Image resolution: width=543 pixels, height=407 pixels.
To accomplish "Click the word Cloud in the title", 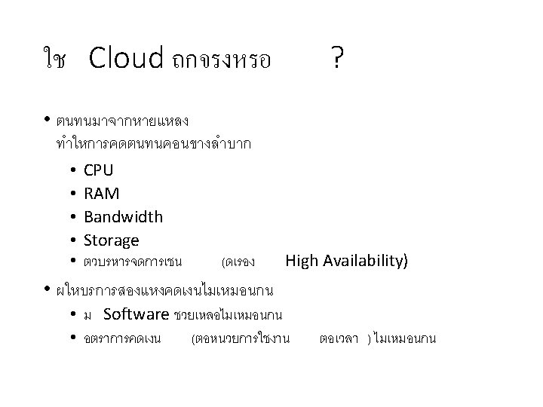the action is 126,58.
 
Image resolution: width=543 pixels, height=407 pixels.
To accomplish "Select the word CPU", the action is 99,170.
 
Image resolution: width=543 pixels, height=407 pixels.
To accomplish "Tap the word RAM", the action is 101,194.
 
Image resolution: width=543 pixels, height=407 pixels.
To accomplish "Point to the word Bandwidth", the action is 123,217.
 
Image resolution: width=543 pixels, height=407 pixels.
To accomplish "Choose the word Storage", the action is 112,240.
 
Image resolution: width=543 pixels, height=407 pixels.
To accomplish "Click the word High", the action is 302,262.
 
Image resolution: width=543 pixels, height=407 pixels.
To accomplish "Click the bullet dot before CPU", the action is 69,171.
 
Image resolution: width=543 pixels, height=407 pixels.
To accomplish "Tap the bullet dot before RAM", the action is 69,194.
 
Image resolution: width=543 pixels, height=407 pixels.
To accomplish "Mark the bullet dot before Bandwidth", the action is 69,218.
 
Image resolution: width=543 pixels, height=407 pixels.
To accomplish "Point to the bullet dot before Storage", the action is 69,241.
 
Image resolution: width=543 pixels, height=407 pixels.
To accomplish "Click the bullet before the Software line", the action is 69,314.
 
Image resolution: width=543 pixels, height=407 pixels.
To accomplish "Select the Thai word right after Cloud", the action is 220,60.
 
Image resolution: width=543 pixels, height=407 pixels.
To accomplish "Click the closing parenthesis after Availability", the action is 405,262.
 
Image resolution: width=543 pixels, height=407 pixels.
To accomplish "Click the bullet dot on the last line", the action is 69,338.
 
